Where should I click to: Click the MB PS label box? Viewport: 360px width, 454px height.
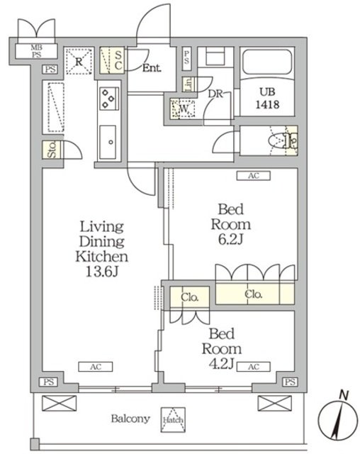36,51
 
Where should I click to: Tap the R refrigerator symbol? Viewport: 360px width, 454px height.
79,61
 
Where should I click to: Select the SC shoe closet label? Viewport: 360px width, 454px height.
118,60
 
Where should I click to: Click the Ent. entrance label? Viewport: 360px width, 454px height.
152,68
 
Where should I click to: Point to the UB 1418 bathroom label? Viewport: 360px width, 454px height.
267,98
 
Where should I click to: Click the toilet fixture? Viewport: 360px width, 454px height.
283,141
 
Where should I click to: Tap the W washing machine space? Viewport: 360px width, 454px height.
183,109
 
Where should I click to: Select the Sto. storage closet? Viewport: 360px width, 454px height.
52,150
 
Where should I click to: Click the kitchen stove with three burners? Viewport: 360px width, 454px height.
109,99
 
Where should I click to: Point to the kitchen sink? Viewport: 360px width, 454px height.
108,142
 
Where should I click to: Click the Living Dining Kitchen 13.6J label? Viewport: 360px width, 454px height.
101,249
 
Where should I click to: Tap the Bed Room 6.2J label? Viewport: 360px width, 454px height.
230,224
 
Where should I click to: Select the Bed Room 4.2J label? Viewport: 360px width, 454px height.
222,349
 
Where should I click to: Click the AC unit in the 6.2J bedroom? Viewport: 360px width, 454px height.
254,176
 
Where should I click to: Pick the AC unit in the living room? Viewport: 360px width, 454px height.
96,367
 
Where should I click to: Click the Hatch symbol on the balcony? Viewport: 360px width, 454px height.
173,419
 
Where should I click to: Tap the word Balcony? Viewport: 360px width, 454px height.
130,419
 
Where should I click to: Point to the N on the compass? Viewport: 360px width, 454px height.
344,395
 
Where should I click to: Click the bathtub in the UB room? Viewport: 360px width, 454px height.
267,62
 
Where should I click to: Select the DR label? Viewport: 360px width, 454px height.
215,94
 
